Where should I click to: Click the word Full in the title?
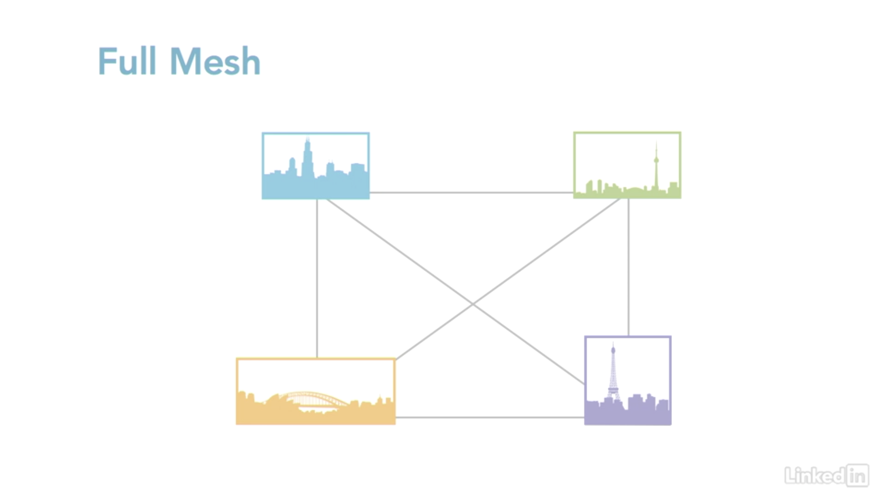(x=127, y=61)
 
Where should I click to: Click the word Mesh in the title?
(x=215, y=61)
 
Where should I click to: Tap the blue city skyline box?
(x=315, y=166)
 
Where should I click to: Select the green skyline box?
(x=627, y=165)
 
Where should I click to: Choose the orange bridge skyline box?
(x=315, y=391)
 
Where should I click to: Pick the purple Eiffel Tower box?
(x=627, y=380)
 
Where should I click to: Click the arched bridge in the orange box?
(x=314, y=398)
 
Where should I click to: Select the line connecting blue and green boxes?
(x=471, y=192)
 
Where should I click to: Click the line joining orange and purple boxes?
(x=489, y=417)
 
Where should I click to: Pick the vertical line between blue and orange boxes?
(x=317, y=278)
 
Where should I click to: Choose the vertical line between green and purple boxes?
(x=629, y=267)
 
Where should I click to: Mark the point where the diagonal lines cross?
(x=473, y=304)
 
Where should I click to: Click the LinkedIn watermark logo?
(x=826, y=475)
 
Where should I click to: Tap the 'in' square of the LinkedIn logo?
(x=857, y=475)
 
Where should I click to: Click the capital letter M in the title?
(x=185, y=61)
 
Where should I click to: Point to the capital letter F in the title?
(x=106, y=61)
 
